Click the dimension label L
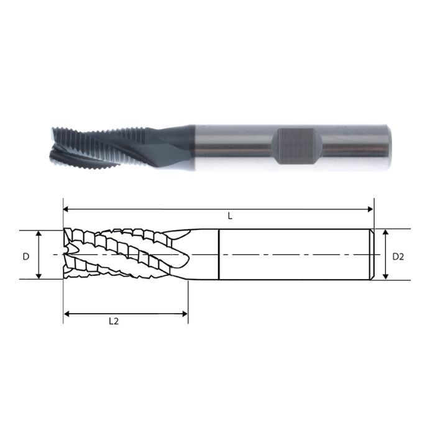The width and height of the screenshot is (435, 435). pyautogui.click(x=230, y=216)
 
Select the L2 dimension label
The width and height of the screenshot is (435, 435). pyautogui.click(x=114, y=321)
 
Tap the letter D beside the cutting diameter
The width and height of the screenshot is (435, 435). pyautogui.click(x=26, y=256)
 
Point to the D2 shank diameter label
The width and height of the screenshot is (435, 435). pyautogui.click(x=398, y=256)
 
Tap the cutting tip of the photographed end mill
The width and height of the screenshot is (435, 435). pyautogui.click(x=52, y=144)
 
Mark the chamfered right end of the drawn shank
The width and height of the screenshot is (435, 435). pyautogui.click(x=372, y=255)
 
